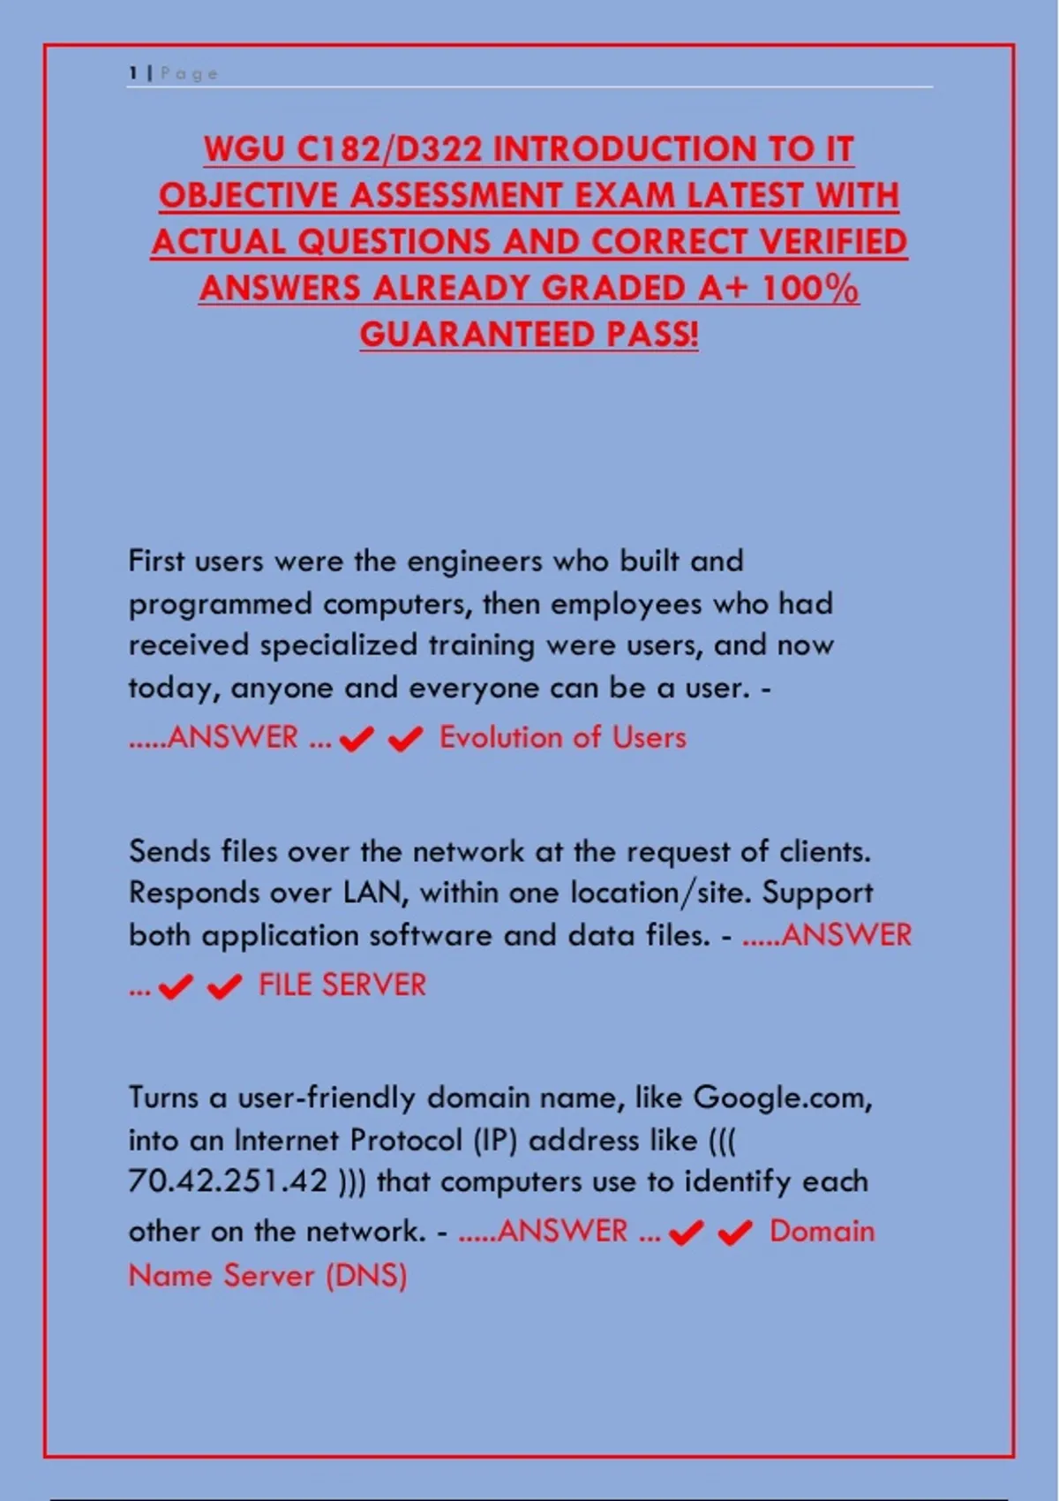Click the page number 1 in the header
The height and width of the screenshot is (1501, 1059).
coord(133,73)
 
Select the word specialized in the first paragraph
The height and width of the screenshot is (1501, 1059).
coord(338,645)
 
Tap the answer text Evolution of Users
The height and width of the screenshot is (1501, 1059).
coord(563,737)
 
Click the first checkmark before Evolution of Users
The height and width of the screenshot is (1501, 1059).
coord(357,739)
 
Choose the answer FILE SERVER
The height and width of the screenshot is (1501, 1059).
coord(342,985)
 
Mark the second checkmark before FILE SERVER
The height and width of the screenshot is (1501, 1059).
coord(224,986)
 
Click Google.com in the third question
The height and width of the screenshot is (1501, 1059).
coord(782,1097)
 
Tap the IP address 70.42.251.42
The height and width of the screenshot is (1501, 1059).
coord(229,1181)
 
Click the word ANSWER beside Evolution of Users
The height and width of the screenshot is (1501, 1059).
coord(232,737)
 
